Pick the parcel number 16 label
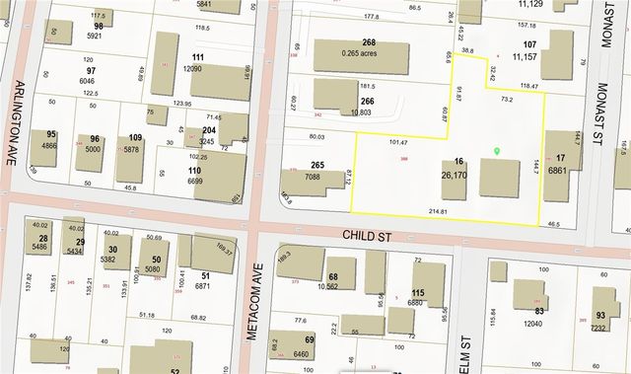(x=458, y=162)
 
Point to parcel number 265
(x=317, y=165)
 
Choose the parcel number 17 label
(x=561, y=158)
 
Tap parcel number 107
(x=529, y=45)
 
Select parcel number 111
(x=198, y=57)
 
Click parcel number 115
(x=418, y=292)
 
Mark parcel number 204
(x=209, y=130)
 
